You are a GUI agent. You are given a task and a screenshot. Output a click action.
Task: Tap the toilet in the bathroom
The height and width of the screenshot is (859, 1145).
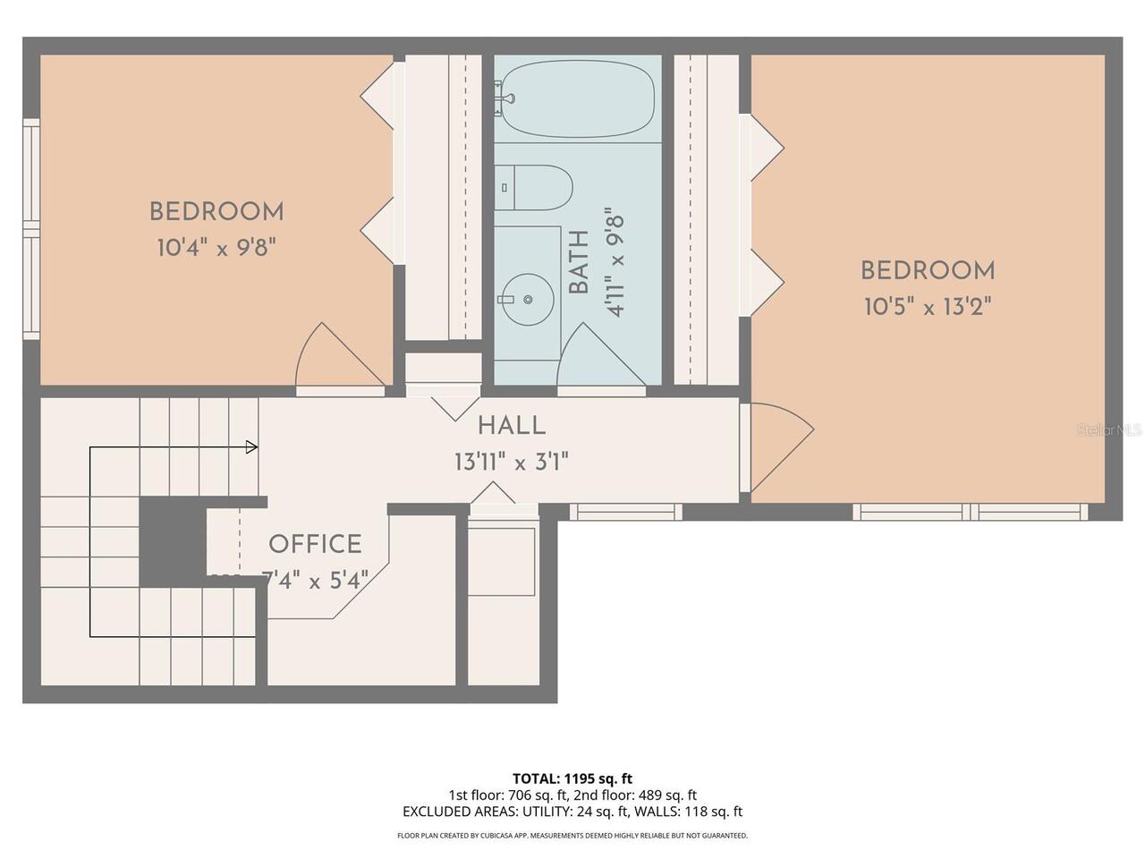[533, 188]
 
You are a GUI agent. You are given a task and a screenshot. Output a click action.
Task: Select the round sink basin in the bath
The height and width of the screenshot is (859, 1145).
[528, 300]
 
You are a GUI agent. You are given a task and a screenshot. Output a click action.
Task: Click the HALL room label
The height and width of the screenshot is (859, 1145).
[512, 426]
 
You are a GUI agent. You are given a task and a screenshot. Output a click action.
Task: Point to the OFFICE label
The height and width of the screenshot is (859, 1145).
[315, 545]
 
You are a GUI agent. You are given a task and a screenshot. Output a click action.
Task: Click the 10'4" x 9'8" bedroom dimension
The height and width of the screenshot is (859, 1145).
[216, 247]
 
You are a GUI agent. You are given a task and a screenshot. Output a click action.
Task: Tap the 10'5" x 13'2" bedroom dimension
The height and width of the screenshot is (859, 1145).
[928, 307]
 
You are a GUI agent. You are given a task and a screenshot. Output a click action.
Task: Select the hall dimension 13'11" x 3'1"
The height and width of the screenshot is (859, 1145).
[511, 462]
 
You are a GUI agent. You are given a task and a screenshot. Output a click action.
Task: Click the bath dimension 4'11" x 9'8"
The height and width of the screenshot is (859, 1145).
[615, 262]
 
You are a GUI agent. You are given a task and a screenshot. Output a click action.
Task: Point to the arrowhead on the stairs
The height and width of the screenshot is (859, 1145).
[252, 447]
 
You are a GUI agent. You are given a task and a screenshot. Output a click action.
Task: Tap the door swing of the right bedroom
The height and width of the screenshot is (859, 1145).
[783, 447]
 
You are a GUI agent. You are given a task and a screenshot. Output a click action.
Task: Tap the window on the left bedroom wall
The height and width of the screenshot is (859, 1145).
[31, 229]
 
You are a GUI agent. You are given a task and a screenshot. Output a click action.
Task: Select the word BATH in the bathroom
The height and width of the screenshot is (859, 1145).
[579, 262]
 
